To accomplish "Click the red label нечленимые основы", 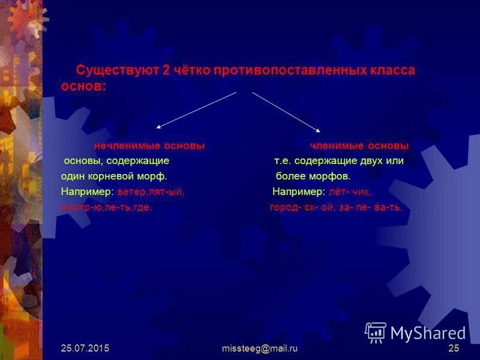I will [x=149, y=146].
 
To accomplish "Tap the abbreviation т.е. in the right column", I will [x=283, y=161].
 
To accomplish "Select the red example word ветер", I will [x=131, y=192].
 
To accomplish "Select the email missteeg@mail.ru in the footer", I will [x=260, y=348].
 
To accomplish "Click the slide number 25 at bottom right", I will [x=454, y=348].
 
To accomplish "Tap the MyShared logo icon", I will [x=376, y=332].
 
